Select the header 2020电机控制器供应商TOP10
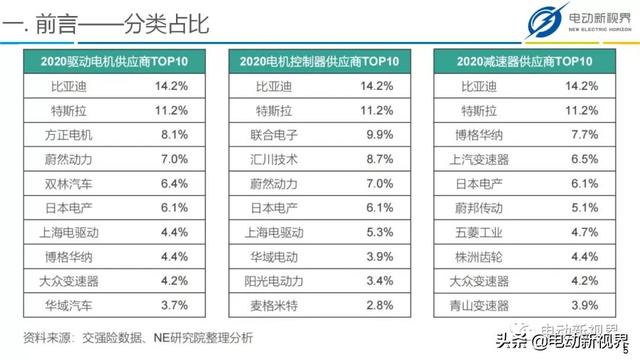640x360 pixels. coord(320,62)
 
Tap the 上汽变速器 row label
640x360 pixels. coord(482,158)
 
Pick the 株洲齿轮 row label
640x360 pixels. coord(482,256)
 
